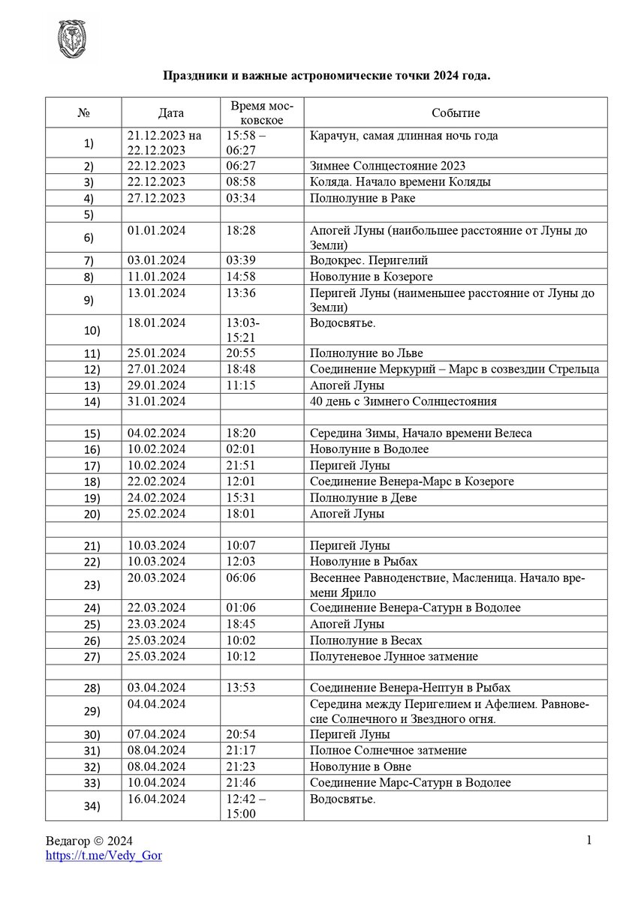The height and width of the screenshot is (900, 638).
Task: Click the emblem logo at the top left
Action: tap(73, 40)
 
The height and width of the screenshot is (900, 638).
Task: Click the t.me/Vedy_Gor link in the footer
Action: tap(104, 855)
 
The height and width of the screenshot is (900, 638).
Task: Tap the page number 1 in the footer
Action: tap(589, 840)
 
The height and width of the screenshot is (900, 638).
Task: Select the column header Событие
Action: tap(456, 113)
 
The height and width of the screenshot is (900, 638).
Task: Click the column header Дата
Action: tap(171, 113)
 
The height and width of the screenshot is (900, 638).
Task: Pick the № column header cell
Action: tap(83, 113)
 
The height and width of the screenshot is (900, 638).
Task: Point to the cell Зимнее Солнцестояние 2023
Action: tap(387, 166)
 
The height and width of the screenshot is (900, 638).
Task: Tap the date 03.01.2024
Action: tap(156, 260)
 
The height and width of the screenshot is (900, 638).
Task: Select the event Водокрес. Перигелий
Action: tap(371, 260)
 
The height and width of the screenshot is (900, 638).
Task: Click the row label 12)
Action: tap(89, 370)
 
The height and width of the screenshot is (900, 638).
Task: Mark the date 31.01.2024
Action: tap(156, 401)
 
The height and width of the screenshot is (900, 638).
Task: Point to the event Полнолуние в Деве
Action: tap(363, 498)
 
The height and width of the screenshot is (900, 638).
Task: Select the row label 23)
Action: tap(89, 585)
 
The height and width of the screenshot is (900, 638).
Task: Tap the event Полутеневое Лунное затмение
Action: tap(394, 656)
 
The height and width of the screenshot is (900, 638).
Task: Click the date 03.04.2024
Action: tap(156, 688)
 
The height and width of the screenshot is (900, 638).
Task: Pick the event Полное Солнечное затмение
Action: tap(388, 751)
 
